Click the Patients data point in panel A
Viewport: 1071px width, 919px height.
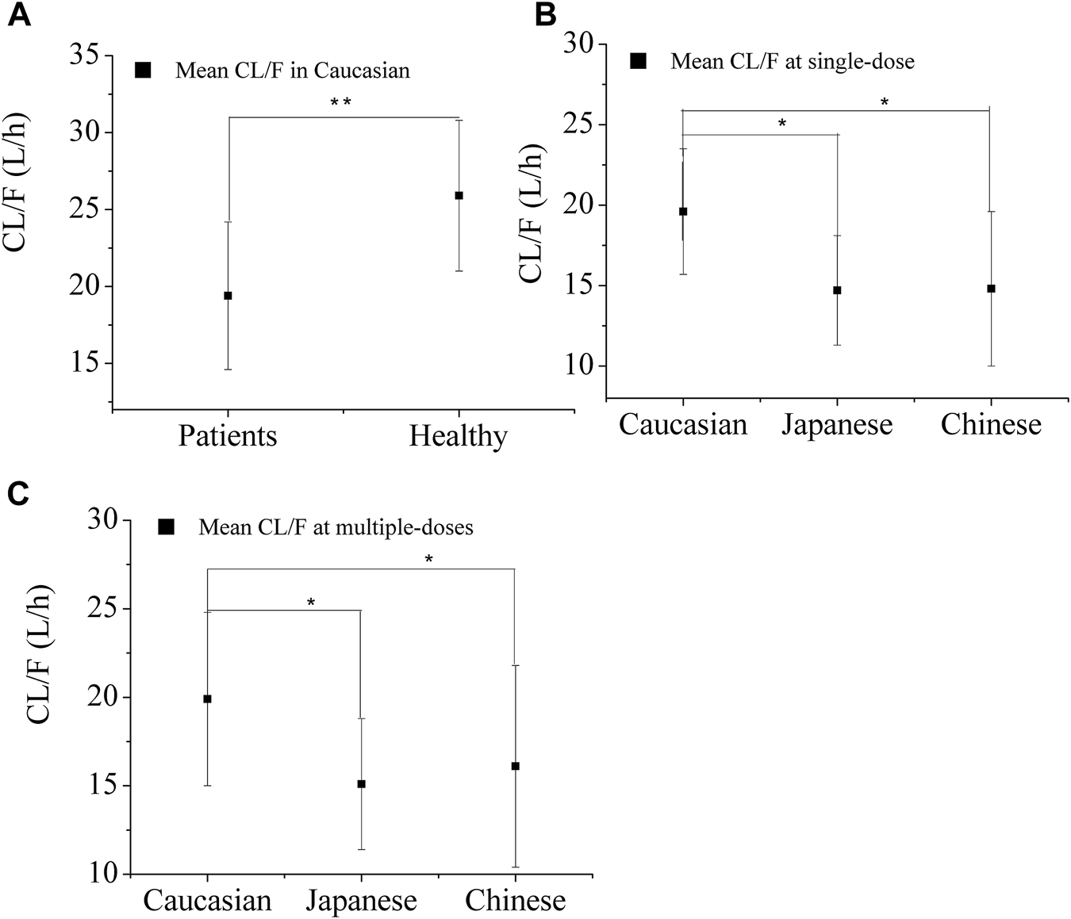point(228,296)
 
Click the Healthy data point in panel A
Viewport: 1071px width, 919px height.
point(459,196)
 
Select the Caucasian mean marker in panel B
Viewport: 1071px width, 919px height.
point(683,212)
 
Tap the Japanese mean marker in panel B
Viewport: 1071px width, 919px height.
point(837,290)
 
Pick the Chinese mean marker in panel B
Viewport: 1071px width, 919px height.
point(991,289)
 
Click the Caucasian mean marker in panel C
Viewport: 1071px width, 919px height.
point(207,699)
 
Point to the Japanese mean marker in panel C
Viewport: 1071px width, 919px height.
point(361,784)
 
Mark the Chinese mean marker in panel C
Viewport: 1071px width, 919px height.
point(515,766)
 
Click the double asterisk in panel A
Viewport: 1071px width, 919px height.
point(340,102)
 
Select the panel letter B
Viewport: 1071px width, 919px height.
point(545,15)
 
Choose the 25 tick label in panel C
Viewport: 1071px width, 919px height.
point(104,609)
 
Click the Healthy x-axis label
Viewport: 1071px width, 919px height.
point(458,436)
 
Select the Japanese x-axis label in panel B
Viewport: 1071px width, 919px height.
point(837,425)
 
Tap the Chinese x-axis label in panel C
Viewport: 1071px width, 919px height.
point(515,901)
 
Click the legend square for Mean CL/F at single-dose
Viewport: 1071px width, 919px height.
point(638,61)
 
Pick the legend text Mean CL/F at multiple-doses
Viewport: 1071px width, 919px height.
point(336,527)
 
